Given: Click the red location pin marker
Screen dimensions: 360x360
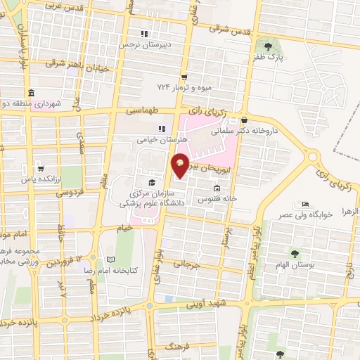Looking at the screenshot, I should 181,165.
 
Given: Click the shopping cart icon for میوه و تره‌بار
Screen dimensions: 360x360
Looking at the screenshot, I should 184,77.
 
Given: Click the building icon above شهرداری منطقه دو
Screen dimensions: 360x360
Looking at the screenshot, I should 31,93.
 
